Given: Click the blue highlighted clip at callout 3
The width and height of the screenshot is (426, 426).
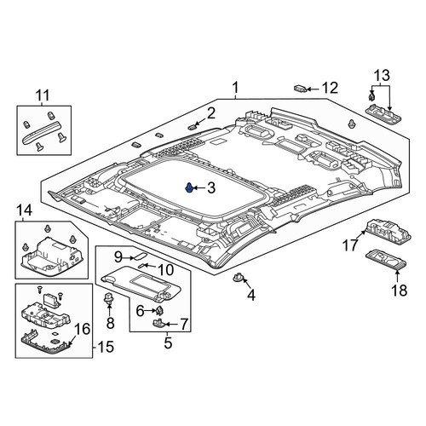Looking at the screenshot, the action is click(x=189, y=187).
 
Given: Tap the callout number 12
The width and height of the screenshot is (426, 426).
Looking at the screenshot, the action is click(x=330, y=88).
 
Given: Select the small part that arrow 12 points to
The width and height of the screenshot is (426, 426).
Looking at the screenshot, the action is click(x=300, y=89).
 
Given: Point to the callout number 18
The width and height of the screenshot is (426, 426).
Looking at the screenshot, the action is click(x=400, y=291).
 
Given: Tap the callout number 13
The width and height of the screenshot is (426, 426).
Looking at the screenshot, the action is click(x=382, y=76).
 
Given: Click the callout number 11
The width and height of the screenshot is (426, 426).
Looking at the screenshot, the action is click(x=43, y=95).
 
